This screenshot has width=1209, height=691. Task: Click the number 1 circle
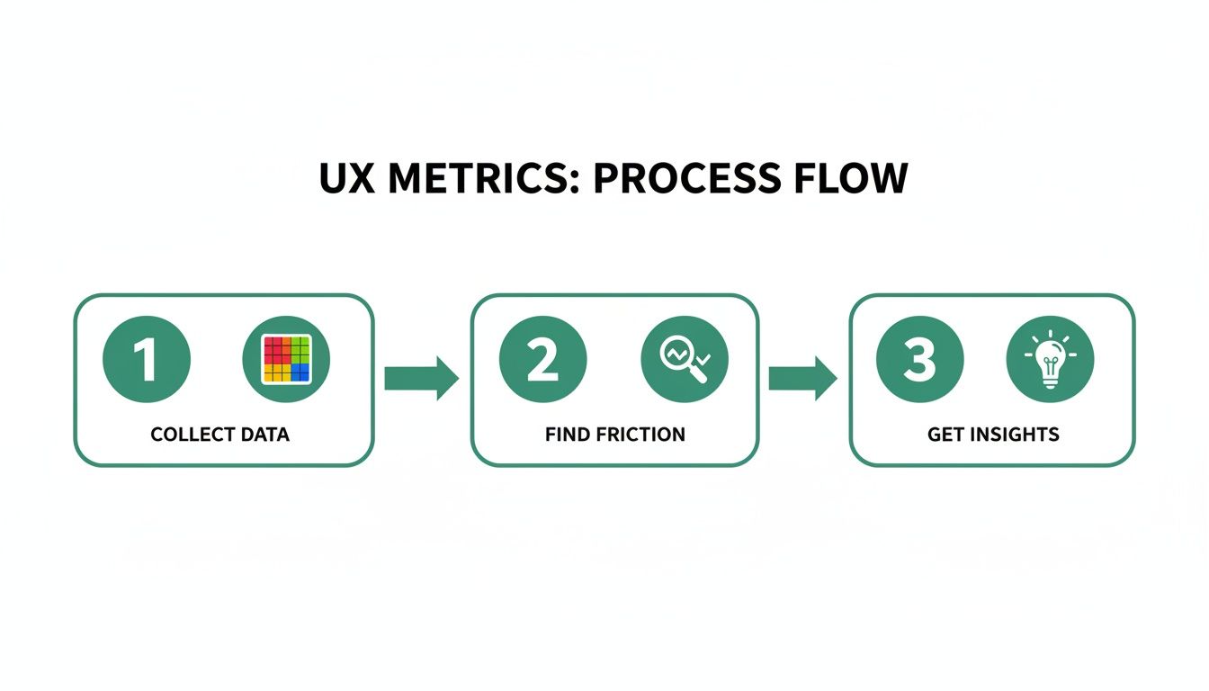click(x=147, y=360)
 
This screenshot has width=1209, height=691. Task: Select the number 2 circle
click(x=542, y=360)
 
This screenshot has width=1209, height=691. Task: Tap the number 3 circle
click(x=919, y=360)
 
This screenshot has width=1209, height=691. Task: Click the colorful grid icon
click(x=286, y=360)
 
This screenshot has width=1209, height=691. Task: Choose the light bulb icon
click(x=1050, y=359)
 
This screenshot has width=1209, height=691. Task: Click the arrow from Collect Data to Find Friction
click(x=421, y=378)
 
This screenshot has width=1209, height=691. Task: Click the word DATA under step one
click(x=264, y=435)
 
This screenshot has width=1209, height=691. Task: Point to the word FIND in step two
click(x=564, y=435)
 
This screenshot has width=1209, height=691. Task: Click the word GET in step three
click(x=944, y=435)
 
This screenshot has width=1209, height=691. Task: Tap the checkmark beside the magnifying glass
click(x=703, y=359)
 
